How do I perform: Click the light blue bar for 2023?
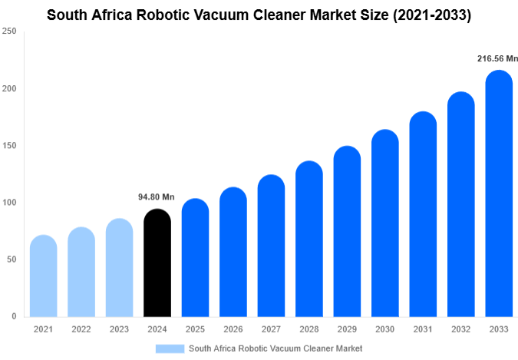click(x=119, y=268)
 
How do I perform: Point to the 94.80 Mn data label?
click(x=157, y=197)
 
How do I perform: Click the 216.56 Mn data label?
click(x=492, y=58)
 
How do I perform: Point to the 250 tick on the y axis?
click(x=8, y=31)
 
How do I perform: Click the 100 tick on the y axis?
click(x=8, y=203)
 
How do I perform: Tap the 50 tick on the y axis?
click(x=11, y=259)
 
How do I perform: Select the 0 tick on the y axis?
click(x=14, y=316)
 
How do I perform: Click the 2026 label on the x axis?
click(x=233, y=329)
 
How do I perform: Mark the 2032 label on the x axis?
click(x=460, y=329)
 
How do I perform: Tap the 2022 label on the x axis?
click(x=81, y=329)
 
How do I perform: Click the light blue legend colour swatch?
click(x=170, y=348)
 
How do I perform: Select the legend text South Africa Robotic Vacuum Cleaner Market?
click(x=275, y=348)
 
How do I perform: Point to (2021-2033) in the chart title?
click(x=426, y=15)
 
